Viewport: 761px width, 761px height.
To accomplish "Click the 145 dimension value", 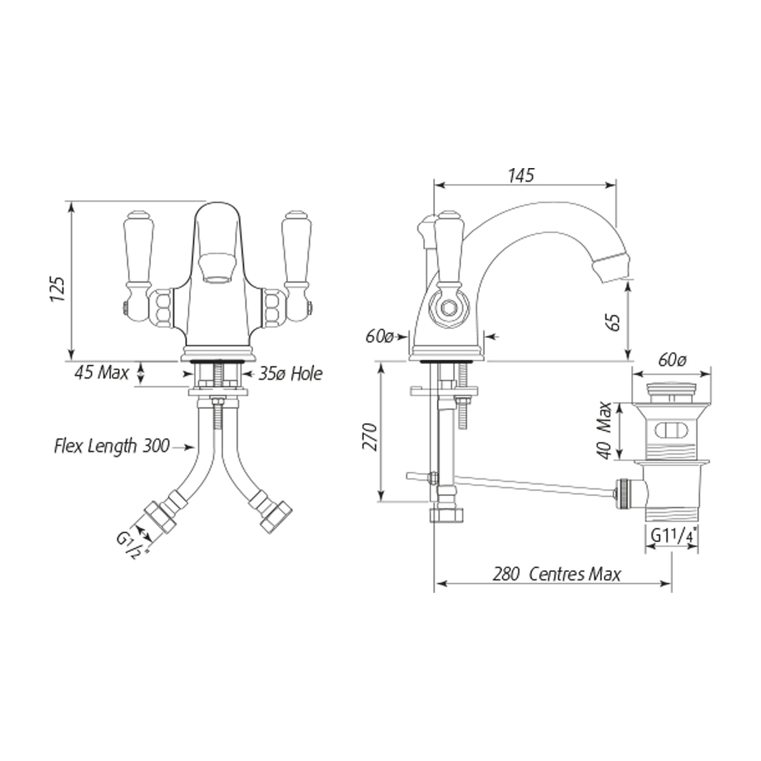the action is click(x=521, y=175).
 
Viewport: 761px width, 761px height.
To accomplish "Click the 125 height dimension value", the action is click(x=58, y=289).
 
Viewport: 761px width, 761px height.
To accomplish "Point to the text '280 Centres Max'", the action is click(x=557, y=574).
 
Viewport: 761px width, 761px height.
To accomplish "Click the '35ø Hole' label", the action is click(x=290, y=374).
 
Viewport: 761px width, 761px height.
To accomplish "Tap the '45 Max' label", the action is click(x=101, y=372).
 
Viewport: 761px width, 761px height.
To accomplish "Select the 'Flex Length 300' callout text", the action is click(x=112, y=446).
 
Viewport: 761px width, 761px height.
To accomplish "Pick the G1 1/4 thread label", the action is click(x=672, y=536).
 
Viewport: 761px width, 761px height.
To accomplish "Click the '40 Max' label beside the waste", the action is click(x=604, y=431).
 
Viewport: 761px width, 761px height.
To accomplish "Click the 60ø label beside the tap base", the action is click(x=379, y=337).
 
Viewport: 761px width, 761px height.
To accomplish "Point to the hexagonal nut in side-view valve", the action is click(x=448, y=307).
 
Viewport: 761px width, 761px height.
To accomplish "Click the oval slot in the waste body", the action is click(x=671, y=430).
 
